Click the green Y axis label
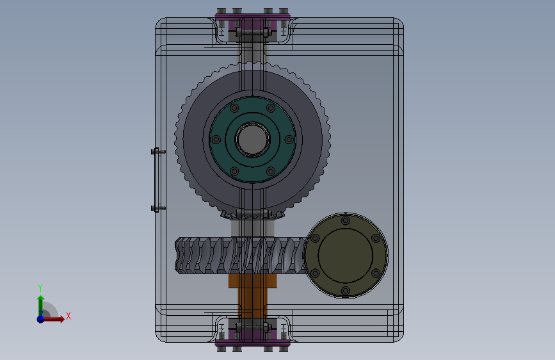[40, 288]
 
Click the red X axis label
[68, 316]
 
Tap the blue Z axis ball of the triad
[41, 319]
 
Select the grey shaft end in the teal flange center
[252, 139]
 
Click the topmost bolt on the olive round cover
[346, 221]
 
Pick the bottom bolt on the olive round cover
[346, 291]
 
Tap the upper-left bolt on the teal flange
[234, 108]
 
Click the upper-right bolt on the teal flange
[271, 108]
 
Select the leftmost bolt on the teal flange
[216, 140]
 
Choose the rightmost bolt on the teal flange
[289, 140]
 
